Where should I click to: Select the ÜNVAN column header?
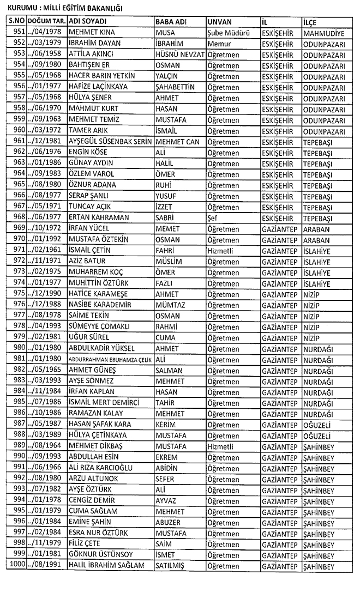[220, 21]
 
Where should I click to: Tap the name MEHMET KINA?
[92, 32]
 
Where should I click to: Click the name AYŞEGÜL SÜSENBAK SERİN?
[109, 141]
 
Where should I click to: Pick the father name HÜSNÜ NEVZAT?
[179, 54]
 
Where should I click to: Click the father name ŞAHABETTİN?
[178, 87]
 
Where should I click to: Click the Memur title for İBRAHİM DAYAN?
[219, 43]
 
